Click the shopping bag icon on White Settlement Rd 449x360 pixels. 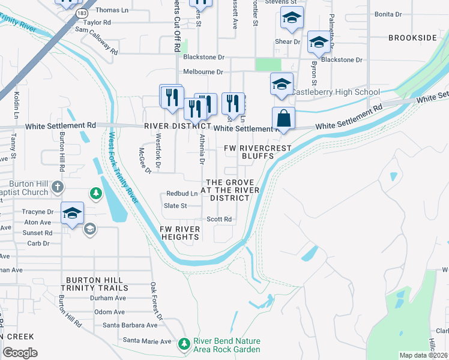tap(283, 119)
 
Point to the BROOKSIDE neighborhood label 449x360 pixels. tap(412, 38)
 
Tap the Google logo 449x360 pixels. tap(20, 352)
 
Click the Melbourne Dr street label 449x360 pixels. tap(203, 72)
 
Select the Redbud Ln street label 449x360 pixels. tap(182, 194)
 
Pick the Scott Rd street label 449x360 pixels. tap(219, 220)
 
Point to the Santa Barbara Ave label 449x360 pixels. tap(130, 325)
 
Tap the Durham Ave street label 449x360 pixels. tap(108, 298)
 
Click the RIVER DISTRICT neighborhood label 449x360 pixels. tap(177, 127)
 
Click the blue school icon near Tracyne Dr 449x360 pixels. tap(71, 213)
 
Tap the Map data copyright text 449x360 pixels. tap(424, 355)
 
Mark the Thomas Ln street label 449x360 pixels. tap(112, 10)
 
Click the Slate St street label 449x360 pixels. tap(175, 206)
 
